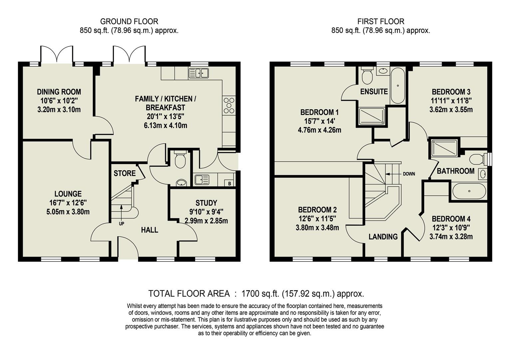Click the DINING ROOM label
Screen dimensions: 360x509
pyautogui.click(x=59, y=92)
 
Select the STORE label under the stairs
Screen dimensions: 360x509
pyautogui.click(x=125, y=173)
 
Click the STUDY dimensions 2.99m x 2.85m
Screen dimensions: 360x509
pyautogui.click(x=206, y=221)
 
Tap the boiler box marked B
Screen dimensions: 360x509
pyautogui.click(x=230, y=183)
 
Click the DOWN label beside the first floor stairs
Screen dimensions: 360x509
pyautogui.click(x=409, y=174)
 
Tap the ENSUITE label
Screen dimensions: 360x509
pyautogui.click(x=374, y=92)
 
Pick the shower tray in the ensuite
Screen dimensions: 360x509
pyautogui.click(x=371, y=116)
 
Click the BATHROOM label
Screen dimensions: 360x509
pyautogui.click(x=455, y=171)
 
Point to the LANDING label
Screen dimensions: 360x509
pyautogui.click(x=383, y=237)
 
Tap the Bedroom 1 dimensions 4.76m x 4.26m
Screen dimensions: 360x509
pyautogui.click(x=319, y=130)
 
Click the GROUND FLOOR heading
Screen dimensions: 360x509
pyautogui.click(x=129, y=22)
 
